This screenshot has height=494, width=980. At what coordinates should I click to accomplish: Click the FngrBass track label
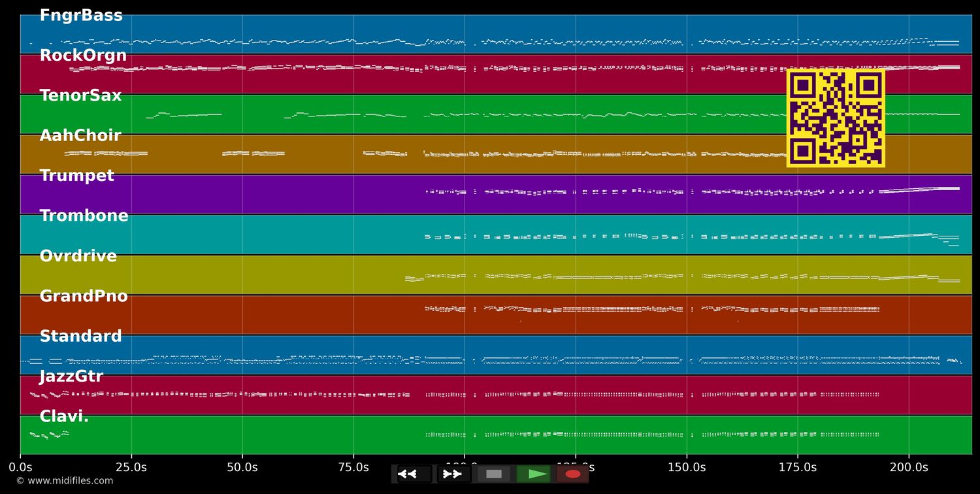point(81,16)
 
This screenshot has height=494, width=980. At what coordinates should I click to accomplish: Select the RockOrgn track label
point(83,56)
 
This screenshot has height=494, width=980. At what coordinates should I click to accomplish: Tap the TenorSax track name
point(80,95)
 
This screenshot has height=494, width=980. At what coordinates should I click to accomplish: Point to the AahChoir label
point(80,136)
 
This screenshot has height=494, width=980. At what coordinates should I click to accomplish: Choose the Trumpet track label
point(76,176)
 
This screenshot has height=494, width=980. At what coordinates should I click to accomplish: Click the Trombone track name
point(84,216)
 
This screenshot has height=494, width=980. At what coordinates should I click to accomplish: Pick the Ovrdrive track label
point(78,256)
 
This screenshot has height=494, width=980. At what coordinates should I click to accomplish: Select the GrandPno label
point(84,296)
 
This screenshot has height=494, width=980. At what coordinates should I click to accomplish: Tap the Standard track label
point(80,337)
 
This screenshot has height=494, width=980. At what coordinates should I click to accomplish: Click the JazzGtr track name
point(71,376)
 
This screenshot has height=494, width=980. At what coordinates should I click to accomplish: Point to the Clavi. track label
point(64,417)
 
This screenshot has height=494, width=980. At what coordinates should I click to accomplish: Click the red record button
point(573,474)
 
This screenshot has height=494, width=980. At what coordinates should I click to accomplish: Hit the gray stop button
point(494,474)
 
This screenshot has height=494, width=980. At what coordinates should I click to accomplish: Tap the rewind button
point(408,474)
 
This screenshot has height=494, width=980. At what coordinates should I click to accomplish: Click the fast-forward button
point(452,474)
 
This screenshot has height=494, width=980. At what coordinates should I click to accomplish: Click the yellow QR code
point(836,118)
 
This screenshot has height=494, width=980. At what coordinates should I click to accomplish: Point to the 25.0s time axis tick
point(131,467)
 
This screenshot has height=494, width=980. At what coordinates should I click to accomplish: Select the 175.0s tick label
point(798,467)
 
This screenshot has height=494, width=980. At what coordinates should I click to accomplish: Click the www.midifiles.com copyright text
point(65,481)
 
